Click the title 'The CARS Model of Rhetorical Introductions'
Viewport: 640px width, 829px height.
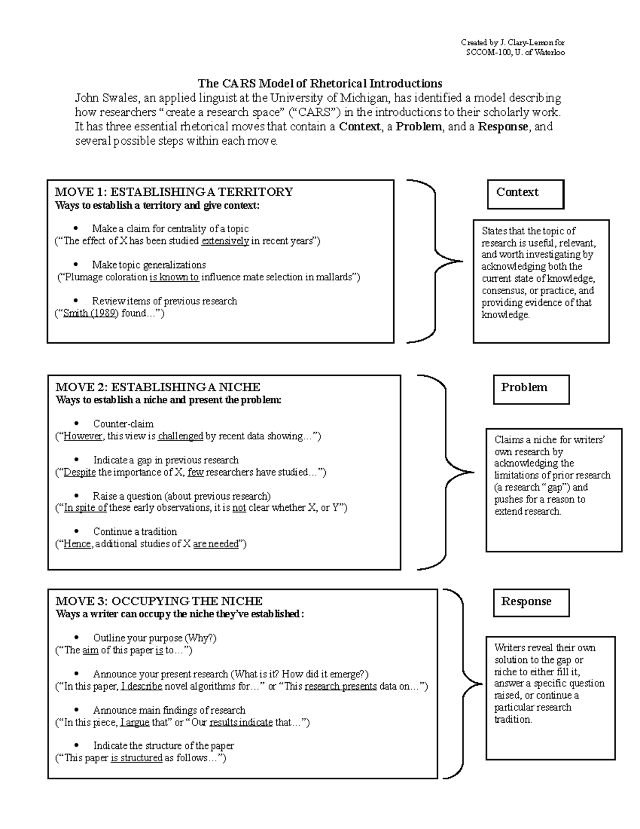point(320,83)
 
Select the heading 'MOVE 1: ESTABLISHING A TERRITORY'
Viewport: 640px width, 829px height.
point(174,192)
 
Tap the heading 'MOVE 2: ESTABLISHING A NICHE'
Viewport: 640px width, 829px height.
point(158,387)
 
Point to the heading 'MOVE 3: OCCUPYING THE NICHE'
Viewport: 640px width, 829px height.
point(159,601)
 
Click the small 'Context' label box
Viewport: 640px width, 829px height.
point(525,194)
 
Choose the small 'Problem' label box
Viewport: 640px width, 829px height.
point(531,389)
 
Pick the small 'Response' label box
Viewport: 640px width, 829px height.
point(531,603)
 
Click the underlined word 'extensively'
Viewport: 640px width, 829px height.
point(225,241)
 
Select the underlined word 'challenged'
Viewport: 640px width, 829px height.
point(180,437)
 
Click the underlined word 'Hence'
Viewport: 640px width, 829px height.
point(77,544)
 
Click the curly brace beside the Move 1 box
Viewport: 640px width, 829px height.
point(435,261)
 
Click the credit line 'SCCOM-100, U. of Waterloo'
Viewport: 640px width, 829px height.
point(515,52)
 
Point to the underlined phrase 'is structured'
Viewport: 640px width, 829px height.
point(137,759)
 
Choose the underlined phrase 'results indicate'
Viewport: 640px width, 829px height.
point(241,723)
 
